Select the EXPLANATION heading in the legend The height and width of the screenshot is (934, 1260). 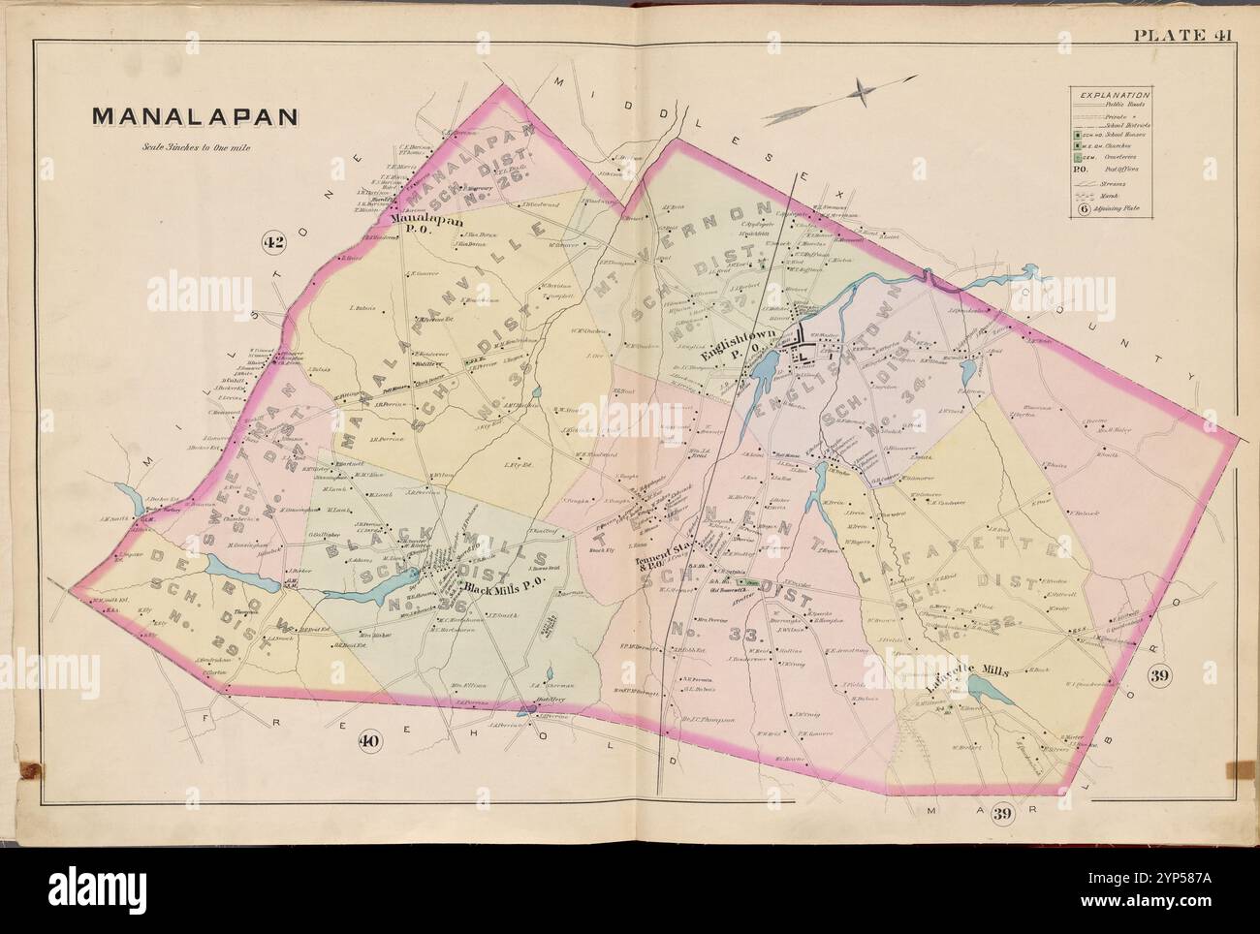pyautogui.click(x=1111, y=95)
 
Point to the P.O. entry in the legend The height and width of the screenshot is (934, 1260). pyautogui.click(x=1082, y=168)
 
